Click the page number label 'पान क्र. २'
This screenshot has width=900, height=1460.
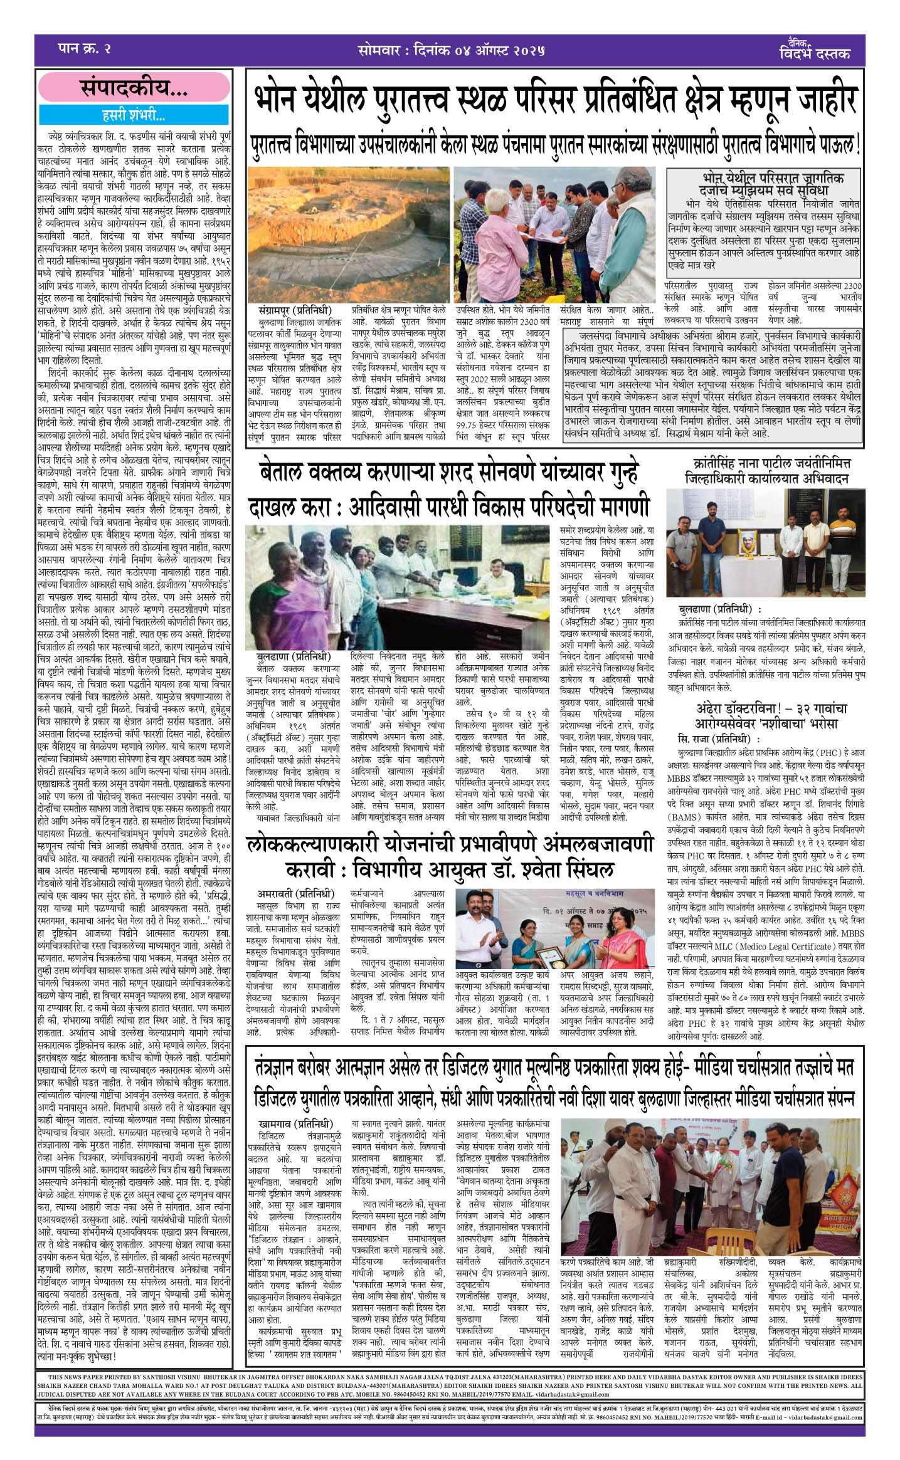[x=83, y=48]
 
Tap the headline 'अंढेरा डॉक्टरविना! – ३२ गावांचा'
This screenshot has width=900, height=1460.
[x=771, y=708]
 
